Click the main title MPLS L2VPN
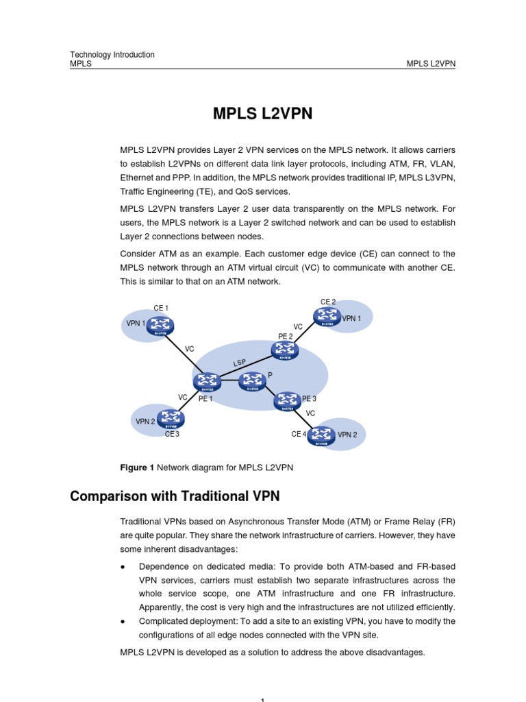click(x=263, y=114)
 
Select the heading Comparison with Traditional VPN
click(x=175, y=496)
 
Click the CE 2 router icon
click(x=327, y=315)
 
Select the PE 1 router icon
click(x=205, y=380)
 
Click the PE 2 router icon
click(x=284, y=351)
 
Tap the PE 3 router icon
click(x=287, y=400)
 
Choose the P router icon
click(x=251, y=381)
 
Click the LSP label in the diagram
click(x=239, y=362)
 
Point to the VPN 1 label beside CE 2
click(x=351, y=318)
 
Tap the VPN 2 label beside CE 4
click(x=347, y=435)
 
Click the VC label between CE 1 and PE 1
click(x=190, y=349)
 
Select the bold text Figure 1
click(x=137, y=468)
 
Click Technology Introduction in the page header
click(x=112, y=55)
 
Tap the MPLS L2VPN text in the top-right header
click(x=431, y=64)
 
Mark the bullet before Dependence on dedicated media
click(x=122, y=567)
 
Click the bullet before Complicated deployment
click(x=122, y=622)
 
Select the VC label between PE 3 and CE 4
click(x=310, y=413)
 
